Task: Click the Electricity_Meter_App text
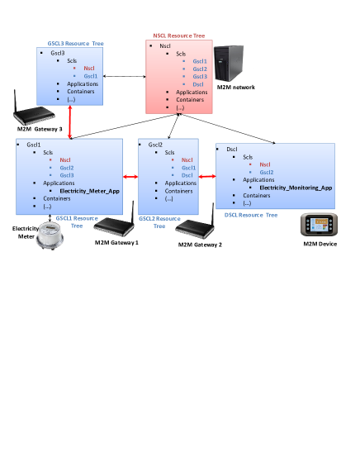point(90,191)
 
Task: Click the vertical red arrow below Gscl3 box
point(70,125)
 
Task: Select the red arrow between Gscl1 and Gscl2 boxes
point(130,176)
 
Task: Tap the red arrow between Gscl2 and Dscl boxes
point(206,176)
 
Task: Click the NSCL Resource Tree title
point(176,36)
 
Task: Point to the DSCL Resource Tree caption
point(251,215)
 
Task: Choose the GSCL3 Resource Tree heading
point(75,42)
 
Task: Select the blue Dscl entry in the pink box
point(198,84)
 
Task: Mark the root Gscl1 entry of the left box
point(34,145)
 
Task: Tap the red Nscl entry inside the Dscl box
point(265,164)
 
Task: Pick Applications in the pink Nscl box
point(192,92)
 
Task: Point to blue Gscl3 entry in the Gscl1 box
point(67,175)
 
